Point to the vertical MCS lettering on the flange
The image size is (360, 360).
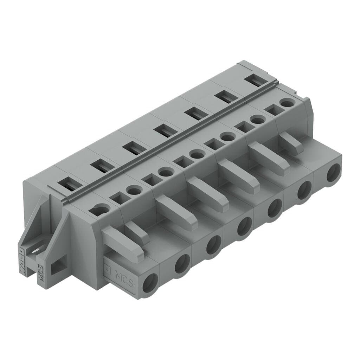pyautogui.click(x=40, y=272)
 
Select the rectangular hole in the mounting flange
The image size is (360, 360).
pyautogui.click(x=58, y=266)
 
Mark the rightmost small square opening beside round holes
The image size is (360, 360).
pyautogui.click(x=273, y=110)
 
